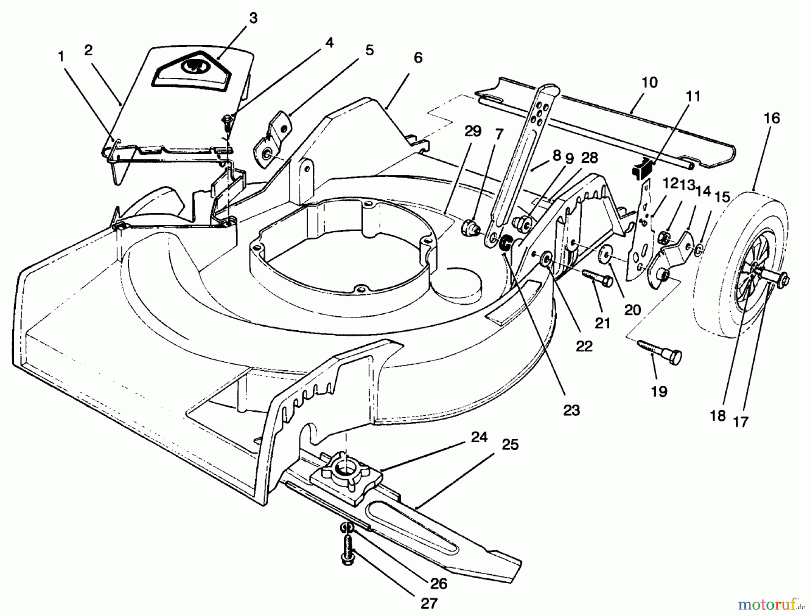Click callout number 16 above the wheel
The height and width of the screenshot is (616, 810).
771,119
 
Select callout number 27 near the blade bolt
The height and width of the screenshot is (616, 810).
428,603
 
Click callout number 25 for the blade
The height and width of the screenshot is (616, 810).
510,445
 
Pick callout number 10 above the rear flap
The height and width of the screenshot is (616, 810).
649,83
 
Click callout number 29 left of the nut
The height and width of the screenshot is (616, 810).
472,131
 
